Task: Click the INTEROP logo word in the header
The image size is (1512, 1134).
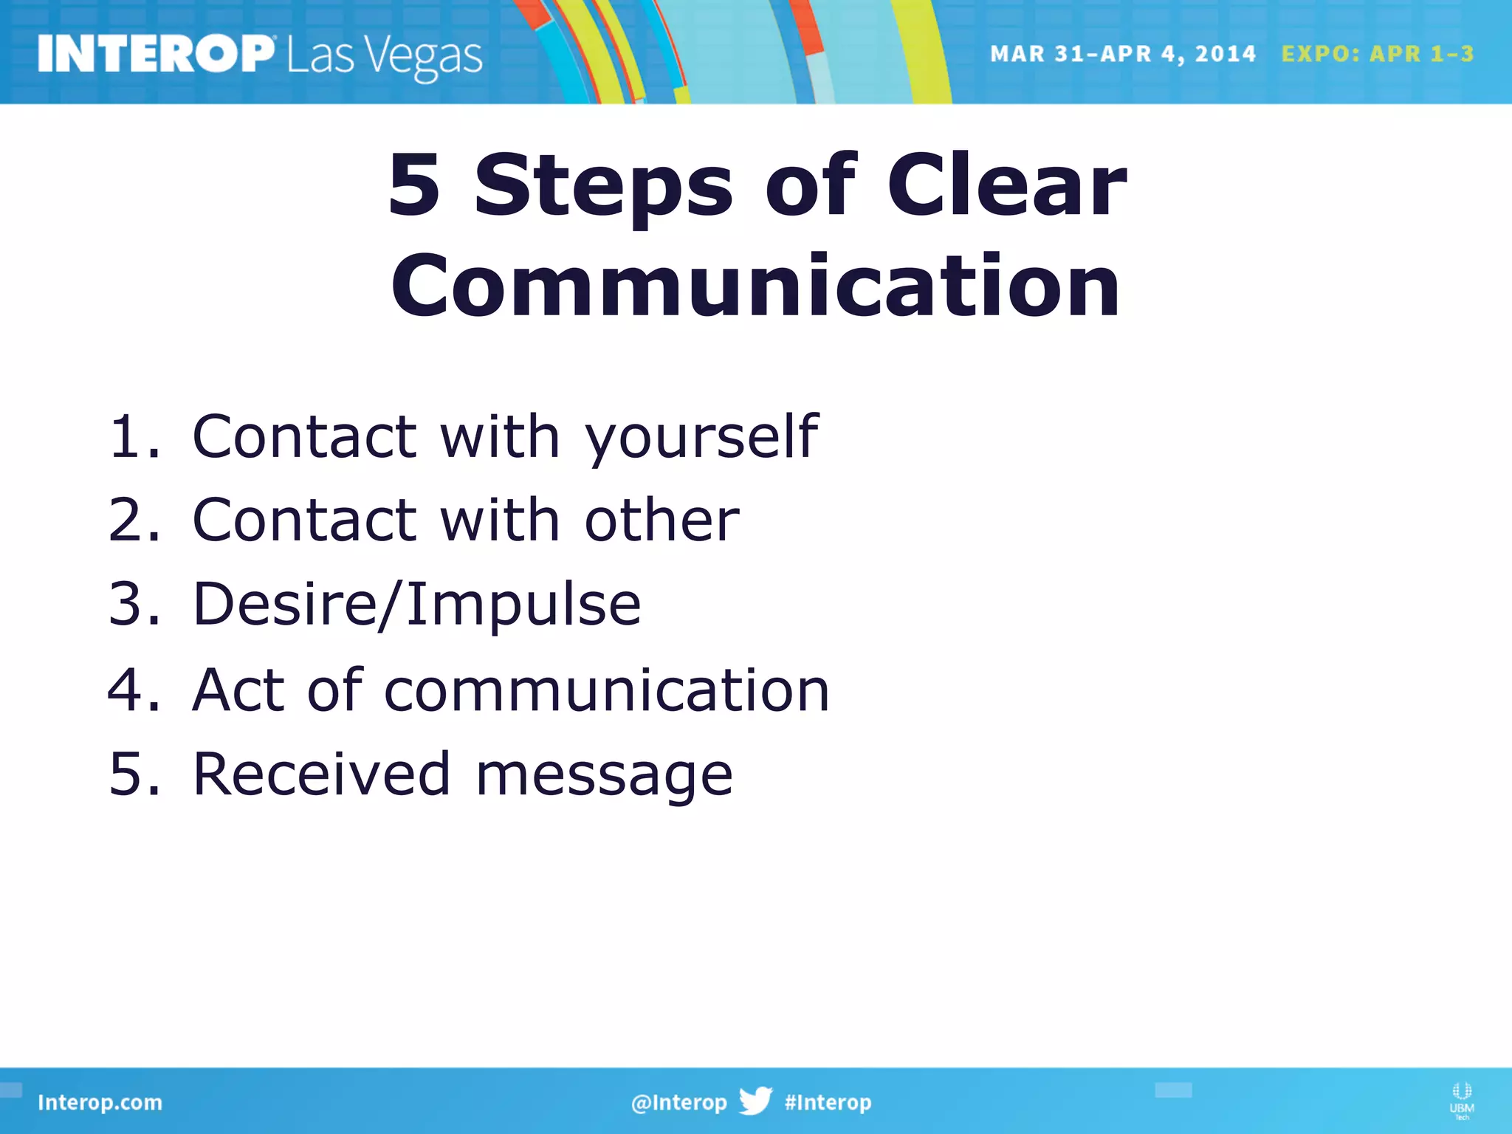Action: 155,54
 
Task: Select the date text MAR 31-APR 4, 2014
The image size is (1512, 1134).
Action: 1122,54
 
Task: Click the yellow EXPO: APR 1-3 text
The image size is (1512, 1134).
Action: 1377,54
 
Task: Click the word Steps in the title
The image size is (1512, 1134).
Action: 602,186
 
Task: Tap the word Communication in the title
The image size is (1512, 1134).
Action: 755,286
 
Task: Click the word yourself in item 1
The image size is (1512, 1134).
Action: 701,438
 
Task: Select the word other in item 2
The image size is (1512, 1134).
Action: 661,520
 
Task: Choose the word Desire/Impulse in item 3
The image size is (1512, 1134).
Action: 416,605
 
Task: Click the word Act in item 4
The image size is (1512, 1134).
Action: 238,690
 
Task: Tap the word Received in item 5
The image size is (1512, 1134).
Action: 321,774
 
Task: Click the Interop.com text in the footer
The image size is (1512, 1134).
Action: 100,1102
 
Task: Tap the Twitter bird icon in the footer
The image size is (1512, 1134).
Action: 755,1101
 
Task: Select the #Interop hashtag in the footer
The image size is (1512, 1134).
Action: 828,1102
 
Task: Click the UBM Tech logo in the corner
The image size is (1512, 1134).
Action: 1461,1101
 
